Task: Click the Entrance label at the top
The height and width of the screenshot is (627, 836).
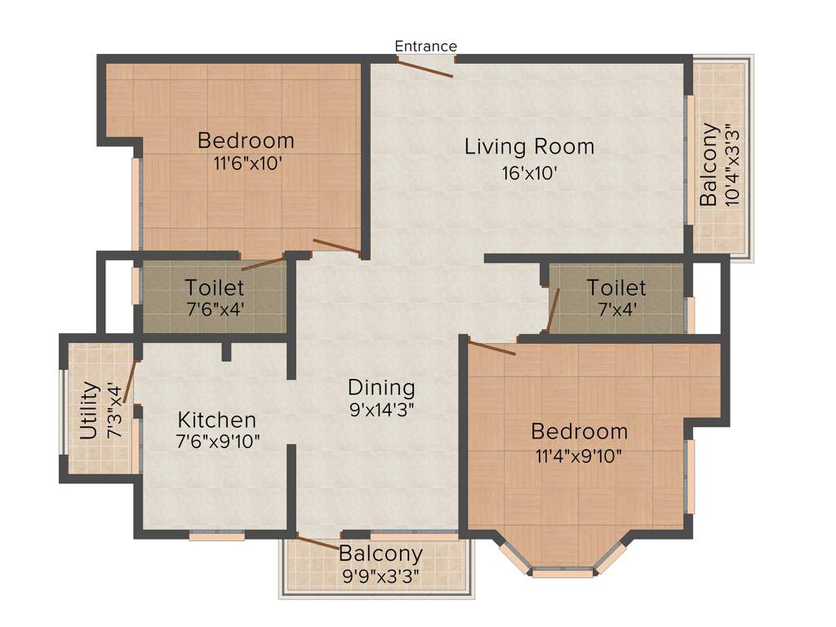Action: click(x=425, y=46)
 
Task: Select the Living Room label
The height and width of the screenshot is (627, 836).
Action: click(x=529, y=147)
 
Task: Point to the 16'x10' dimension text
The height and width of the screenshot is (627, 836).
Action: click(x=529, y=173)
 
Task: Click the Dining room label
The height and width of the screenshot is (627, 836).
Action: click(x=381, y=387)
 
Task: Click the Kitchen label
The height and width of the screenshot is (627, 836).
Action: click(x=217, y=420)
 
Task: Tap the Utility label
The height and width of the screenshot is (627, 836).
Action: click(x=89, y=411)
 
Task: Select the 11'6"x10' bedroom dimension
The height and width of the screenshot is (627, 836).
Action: click(x=247, y=162)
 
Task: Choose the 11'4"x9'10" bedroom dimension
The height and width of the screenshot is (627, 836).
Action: click(x=579, y=455)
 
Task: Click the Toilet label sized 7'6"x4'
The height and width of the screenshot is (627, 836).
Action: click(x=214, y=287)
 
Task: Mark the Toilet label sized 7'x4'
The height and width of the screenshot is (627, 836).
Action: click(x=616, y=287)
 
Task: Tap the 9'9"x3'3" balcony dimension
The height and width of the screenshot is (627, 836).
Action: click(x=380, y=576)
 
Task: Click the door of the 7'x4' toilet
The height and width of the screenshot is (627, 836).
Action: click(x=553, y=310)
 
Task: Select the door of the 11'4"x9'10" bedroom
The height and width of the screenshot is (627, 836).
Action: click(x=491, y=348)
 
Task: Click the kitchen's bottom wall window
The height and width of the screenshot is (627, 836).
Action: click(x=217, y=536)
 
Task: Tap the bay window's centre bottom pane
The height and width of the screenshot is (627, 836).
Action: click(x=563, y=573)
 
